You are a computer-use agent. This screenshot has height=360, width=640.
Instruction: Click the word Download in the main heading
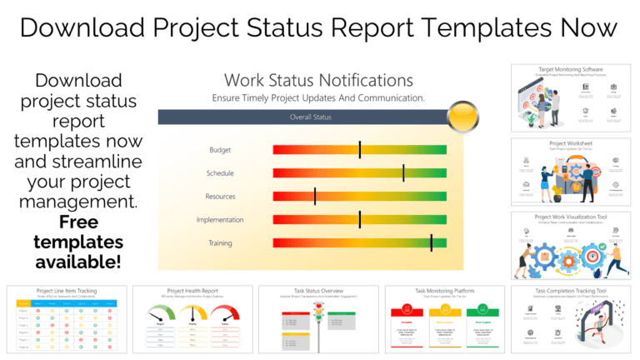pyautogui.click(x=79, y=27)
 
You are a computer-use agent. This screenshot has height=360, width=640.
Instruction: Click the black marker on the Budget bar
pyautogui.click(x=360, y=150)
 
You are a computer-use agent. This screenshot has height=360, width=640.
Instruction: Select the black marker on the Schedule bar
pyautogui.click(x=403, y=173)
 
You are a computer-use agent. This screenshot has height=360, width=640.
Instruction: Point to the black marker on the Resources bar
pyautogui.click(x=315, y=197)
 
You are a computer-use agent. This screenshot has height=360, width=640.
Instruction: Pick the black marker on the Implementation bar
pyautogui.click(x=360, y=220)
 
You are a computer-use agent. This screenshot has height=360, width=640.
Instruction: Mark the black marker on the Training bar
pyautogui.click(x=431, y=243)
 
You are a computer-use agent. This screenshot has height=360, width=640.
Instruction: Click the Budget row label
pyautogui.click(x=220, y=150)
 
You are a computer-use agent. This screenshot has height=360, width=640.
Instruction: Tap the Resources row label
pyautogui.click(x=220, y=197)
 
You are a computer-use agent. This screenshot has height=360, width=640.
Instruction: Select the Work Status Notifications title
pyautogui.click(x=318, y=81)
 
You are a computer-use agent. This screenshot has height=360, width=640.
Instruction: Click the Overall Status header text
pyautogui.click(x=310, y=117)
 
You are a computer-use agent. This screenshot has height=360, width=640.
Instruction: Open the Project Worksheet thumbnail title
pyautogui.click(x=570, y=143)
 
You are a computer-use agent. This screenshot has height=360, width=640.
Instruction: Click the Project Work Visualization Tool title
pyautogui.click(x=570, y=217)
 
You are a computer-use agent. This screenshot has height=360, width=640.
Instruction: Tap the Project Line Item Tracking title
pyautogui.click(x=67, y=291)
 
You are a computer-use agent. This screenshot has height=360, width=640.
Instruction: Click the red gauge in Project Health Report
pyautogui.click(x=224, y=314)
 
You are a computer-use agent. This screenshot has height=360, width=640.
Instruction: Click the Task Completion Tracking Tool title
pyautogui.click(x=570, y=292)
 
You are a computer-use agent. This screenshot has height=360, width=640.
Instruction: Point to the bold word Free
pyautogui.click(x=78, y=222)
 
